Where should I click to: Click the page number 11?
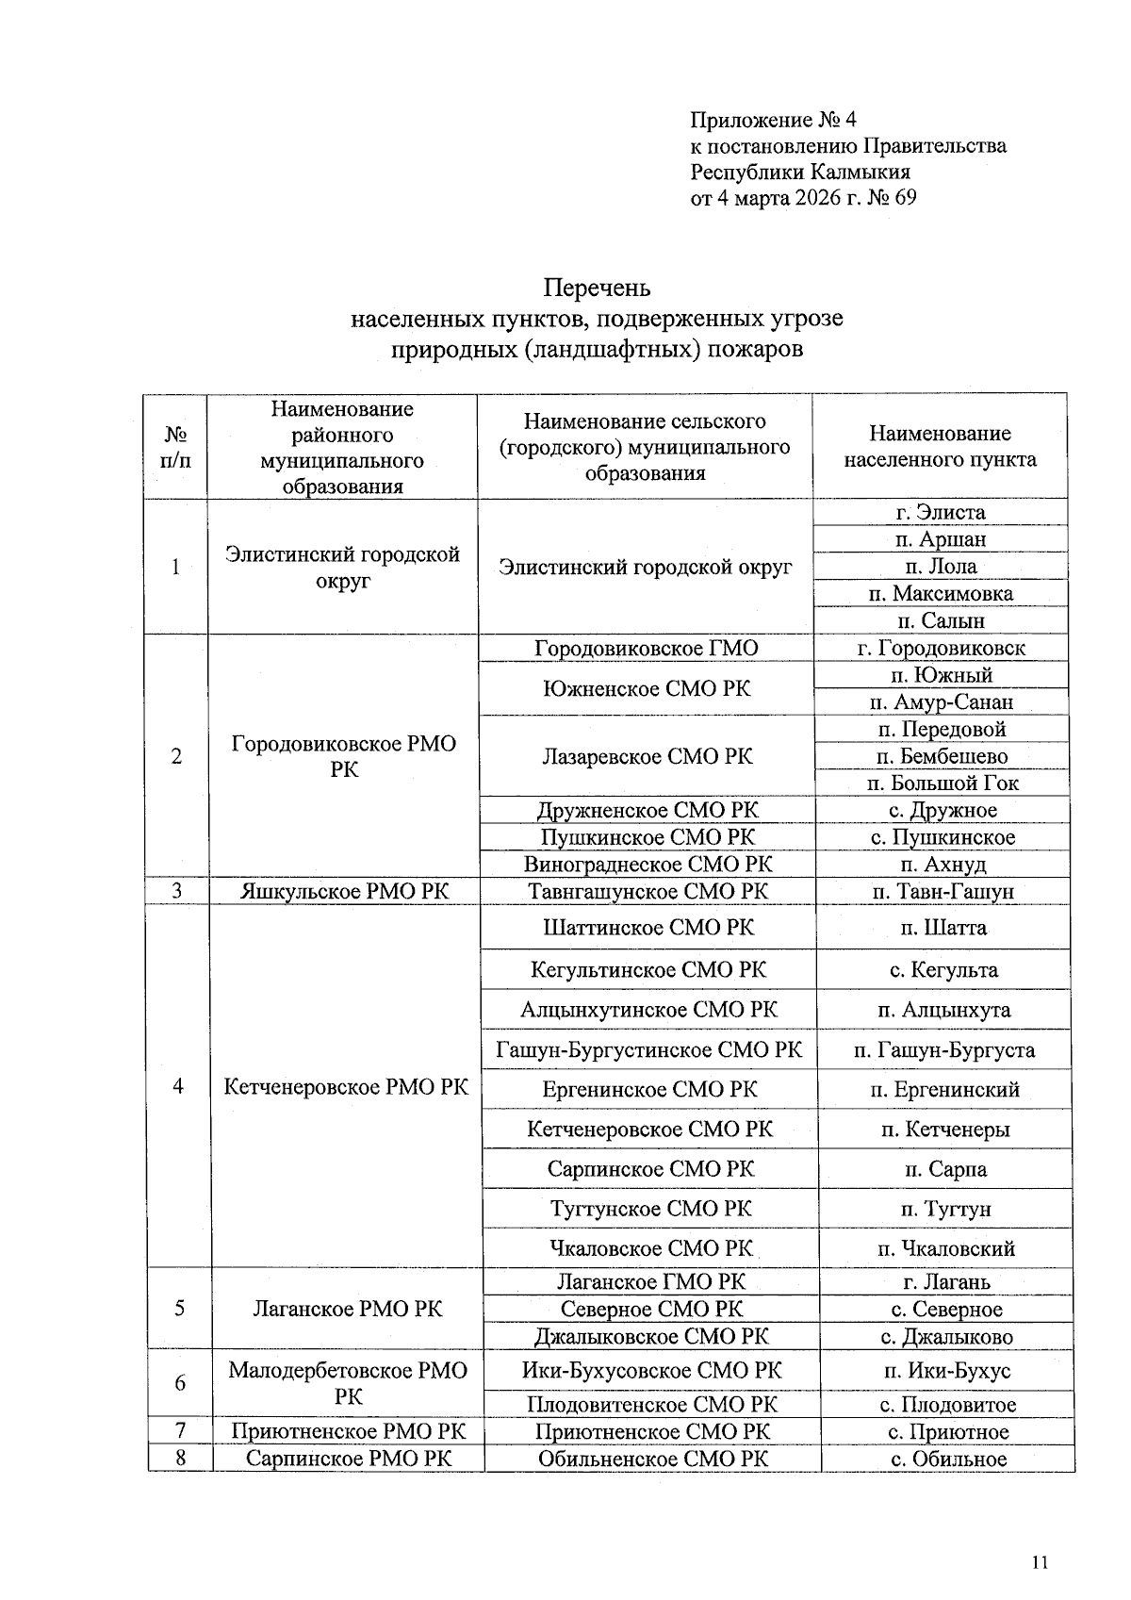click(1040, 1562)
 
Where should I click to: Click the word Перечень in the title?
click(597, 287)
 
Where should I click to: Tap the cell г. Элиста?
click(940, 513)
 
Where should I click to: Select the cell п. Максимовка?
click(940, 594)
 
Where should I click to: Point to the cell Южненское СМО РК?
click(647, 688)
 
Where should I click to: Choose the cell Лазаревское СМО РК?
click(647, 756)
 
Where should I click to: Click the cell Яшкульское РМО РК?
click(345, 892)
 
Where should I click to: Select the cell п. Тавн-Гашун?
click(943, 892)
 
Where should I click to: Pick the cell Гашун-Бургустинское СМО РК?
click(649, 1049)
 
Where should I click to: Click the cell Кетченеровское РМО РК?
click(346, 1086)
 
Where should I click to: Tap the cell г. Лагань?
click(946, 1282)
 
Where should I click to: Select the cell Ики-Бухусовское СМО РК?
click(651, 1370)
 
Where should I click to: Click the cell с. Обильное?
click(947, 1460)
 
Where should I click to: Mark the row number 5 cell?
click(179, 1309)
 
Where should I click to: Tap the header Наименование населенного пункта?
click(939, 447)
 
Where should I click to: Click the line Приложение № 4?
click(773, 120)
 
